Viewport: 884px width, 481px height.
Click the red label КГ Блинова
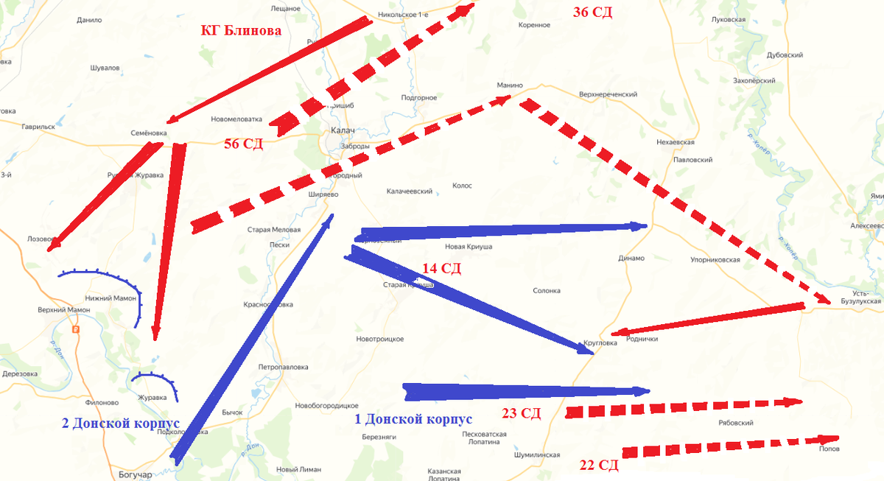point(241,31)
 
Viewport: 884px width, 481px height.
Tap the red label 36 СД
point(592,12)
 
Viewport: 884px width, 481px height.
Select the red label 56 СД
point(244,144)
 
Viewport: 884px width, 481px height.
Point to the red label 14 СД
point(441,268)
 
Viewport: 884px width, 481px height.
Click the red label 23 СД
point(521,413)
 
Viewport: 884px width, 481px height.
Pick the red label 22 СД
point(598,465)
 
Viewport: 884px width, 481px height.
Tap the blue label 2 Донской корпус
point(121,424)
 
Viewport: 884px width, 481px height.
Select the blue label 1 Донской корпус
point(413,419)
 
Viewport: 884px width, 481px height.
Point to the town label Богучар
point(135,475)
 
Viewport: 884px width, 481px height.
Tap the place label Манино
point(509,86)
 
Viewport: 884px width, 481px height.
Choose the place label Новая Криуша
point(469,247)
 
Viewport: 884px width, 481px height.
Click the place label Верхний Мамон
point(63,310)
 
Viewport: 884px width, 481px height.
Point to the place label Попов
point(828,449)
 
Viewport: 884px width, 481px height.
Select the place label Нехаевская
point(675,143)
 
